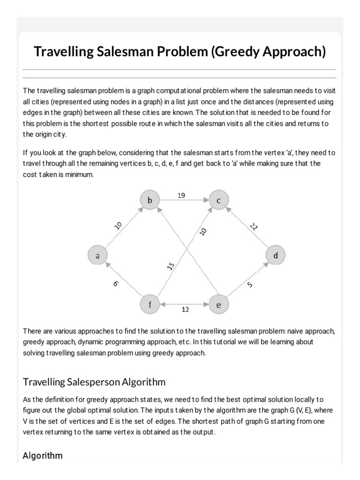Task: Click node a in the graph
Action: [x=97, y=255]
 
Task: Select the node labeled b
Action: [x=150, y=201]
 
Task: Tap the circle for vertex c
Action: [x=218, y=201]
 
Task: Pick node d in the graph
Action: [x=275, y=255]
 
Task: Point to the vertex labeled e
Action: [x=218, y=305]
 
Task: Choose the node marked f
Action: [x=150, y=305]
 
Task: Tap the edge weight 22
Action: [x=254, y=227]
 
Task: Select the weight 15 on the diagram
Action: [x=171, y=266]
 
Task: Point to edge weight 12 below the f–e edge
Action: [x=185, y=309]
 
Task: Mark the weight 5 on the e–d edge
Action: [x=249, y=284]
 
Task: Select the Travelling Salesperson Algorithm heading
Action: [x=94, y=382]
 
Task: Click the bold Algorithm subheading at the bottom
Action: [x=43, y=455]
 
